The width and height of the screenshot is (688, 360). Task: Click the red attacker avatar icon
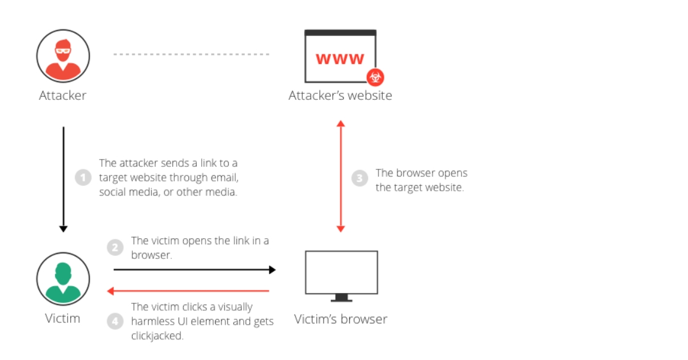tap(63, 55)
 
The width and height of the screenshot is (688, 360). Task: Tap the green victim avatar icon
tap(63, 279)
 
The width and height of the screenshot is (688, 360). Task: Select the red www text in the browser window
tap(340, 58)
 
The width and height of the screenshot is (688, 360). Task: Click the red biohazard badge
tap(375, 77)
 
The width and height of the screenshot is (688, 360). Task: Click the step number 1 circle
tap(83, 178)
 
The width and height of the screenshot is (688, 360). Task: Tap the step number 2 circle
tap(115, 248)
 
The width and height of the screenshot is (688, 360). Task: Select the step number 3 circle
tap(360, 178)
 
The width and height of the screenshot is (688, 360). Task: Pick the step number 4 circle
tap(115, 320)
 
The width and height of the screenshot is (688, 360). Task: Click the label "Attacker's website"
tap(340, 96)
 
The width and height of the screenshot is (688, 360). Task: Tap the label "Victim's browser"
tap(341, 319)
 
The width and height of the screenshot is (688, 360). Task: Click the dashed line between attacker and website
tap(191, 54)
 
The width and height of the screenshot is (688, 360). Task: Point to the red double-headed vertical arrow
tap(341, 176)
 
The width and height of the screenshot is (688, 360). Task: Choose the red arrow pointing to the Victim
tap(189, 291)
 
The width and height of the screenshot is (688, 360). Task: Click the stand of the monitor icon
tap(341, 298)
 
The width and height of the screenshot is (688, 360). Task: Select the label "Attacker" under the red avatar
tap(63, 96)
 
